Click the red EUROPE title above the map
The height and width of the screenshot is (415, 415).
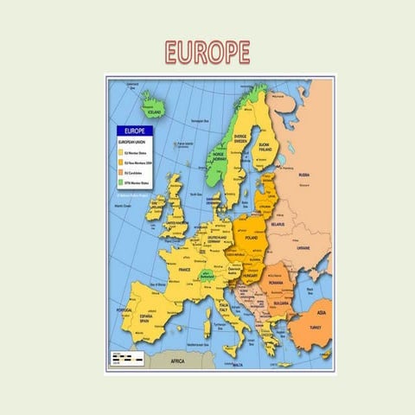(x=207, y=51)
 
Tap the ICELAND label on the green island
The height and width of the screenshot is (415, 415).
(x=156, y=112)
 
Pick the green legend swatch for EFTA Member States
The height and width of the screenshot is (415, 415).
(x=120, y=182)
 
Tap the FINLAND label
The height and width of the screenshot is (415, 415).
(x=265, y=147)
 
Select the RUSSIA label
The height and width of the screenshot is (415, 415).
(x=304, y=176)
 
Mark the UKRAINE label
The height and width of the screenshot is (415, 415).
(x=303, y=248)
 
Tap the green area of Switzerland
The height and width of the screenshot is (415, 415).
(x=205, y=276)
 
